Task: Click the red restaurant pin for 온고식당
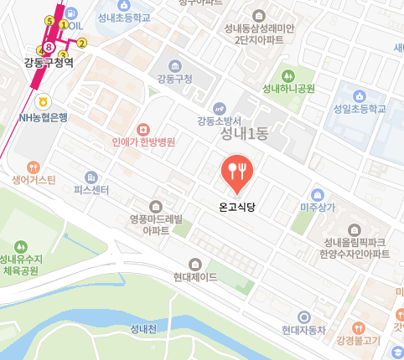pos(236,171)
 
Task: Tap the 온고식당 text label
pos(236,204)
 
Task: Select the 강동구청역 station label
pos(49,63)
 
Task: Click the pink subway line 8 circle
pos(49,47)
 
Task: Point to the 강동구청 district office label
pos(175,80)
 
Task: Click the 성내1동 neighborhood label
pos(243,132)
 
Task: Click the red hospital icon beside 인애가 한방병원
pos(143,129)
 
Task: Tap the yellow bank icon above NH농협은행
pos(55,103)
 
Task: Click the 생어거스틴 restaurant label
pos(34,180)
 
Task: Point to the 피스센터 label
pos(91,190)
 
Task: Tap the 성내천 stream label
pos(143,328)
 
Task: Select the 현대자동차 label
pos(303,330)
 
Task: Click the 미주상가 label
pos(318,207)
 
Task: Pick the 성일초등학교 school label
pos(359,109)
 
